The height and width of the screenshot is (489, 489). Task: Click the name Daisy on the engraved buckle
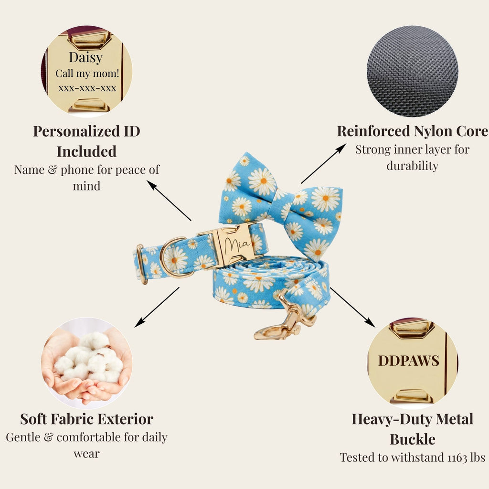86,58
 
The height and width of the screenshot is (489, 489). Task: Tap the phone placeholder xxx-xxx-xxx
87,88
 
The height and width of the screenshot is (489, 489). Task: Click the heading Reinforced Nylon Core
412,131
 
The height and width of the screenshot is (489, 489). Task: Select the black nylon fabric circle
412,71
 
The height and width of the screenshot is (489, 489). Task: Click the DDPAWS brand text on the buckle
409,361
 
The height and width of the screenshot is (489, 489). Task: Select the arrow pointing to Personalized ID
169,201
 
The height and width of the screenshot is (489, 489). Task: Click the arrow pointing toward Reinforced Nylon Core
324,163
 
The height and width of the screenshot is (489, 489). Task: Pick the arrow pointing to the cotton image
157,307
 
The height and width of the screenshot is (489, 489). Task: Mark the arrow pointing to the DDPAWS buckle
352,307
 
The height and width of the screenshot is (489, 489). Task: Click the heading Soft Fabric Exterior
87,419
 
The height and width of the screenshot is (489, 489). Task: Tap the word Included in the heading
87,151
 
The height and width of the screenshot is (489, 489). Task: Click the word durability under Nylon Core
412,166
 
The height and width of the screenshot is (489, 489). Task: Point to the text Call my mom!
87,74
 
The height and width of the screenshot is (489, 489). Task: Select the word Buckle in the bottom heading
412,439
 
